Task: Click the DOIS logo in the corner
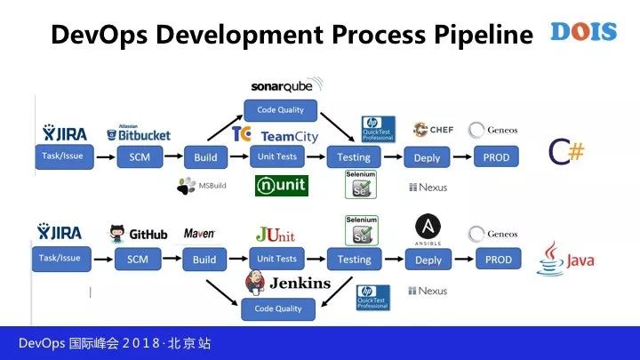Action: pyautogui.click(x=583, y=32)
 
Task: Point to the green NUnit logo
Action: pyautogui.click(x=281, y=185)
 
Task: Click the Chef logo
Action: pyautogui.click(x=433, y=130)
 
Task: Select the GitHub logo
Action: pyautogui.click(x=138, y=235)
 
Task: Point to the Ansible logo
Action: pyautogui.click(x=428, y=230)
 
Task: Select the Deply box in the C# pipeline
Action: pyautogui.click(x=428, y=158)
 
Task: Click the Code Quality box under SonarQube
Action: pyautogui.click(x=279, y=110)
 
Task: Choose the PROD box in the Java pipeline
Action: pyautogui.click(x=498, y=260)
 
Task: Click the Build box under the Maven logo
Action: pyautogui.click(x=204, y=260)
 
